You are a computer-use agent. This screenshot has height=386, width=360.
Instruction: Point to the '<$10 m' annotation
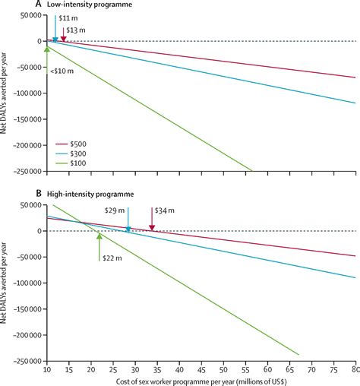[62, 71]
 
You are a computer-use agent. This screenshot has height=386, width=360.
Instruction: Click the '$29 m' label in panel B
[115, 209]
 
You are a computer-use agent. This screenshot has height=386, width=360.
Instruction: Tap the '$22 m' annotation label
[111, 258]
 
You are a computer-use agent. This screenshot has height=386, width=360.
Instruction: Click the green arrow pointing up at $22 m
[99, 247]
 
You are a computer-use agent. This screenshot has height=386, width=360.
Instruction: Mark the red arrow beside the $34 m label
[152, 219]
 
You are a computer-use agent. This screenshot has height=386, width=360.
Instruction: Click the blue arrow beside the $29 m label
[128, 219]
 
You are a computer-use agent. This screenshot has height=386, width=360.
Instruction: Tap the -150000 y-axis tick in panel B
[24, 309]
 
